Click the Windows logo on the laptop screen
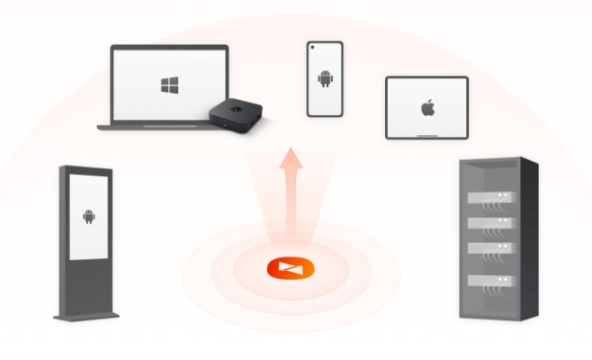(x=166, y=86)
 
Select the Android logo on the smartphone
(x=325, y=79)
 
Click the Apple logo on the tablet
(x=426, y=108)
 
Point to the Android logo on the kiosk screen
(x=88, y=216)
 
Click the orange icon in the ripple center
(x=290, y=268)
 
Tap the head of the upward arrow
(x=290, y=159)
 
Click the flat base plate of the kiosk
(x=86, y=316)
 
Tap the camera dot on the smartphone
(x=325, y=46)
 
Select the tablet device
(x=426, y=107)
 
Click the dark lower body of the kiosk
(x=87, y=283)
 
